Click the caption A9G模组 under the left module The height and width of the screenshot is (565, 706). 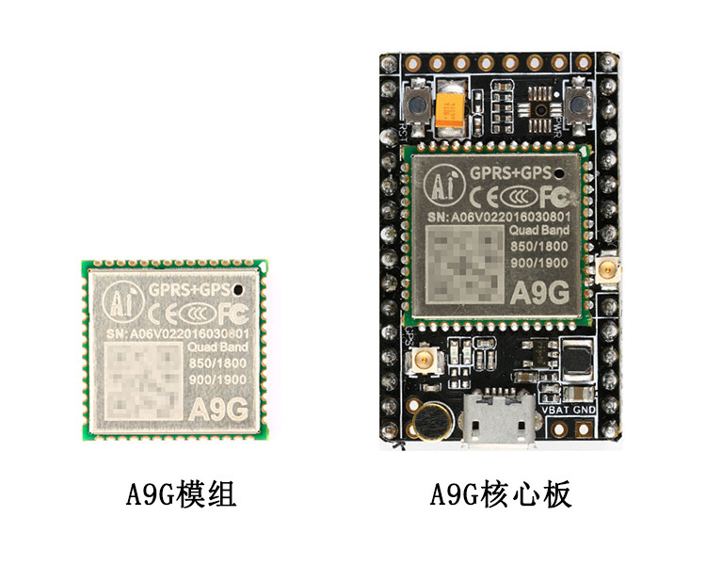(181, 493)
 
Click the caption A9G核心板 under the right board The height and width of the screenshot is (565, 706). (500, 493)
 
